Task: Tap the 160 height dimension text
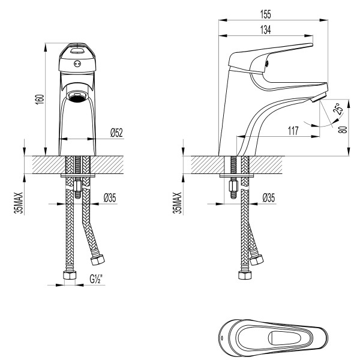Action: (x=40, y=99)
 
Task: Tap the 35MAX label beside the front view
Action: (x=20, y=203)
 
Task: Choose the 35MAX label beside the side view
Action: (x=176, y=203)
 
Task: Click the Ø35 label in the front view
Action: (x=110, y=197)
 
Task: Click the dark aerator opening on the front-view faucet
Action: (x=77, y=96)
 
